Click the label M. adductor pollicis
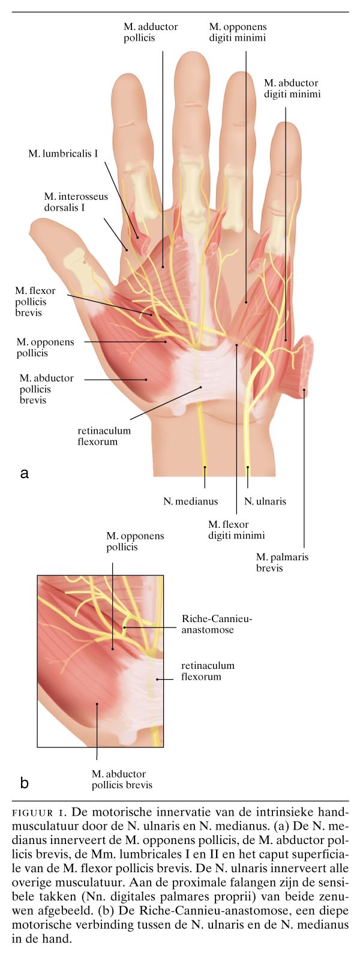coord(151,32)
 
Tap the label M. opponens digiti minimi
coord(238,32)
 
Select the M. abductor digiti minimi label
coord(292,88)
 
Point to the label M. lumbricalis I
coord(63,154)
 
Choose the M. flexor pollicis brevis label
coord(35,301)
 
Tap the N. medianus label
coord(191,501)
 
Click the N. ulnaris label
coord(265,501)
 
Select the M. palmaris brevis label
coord(282,562)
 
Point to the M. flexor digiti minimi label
coord(236,530)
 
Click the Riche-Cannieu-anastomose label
coord(217,624)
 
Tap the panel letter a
coord(24,473)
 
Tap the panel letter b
coord(24,782)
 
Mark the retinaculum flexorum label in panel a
coord(104,436)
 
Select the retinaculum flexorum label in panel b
coord(208,671)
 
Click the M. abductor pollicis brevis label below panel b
coord(122,779)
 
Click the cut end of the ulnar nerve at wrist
coord(247,467)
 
